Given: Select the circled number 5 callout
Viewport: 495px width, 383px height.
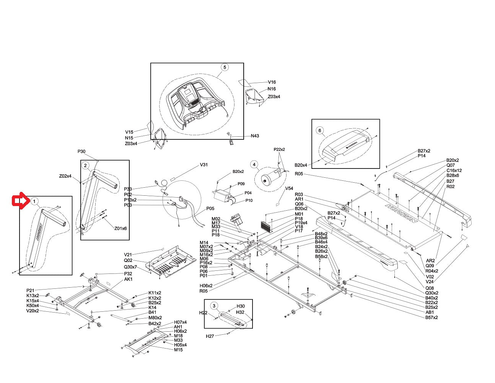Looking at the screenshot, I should tap(225, 67).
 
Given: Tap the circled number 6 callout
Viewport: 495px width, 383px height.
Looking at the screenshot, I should tap(320, 130).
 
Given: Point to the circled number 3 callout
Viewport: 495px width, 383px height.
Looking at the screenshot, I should tap(214, 306).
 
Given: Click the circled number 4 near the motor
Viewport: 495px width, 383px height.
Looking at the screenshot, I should tap(254, 165).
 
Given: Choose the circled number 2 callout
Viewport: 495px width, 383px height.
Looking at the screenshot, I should tap(86, 165).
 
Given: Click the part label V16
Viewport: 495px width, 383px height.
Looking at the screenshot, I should tap(272, 82).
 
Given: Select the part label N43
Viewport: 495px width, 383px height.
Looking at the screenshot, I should tap(255, 136).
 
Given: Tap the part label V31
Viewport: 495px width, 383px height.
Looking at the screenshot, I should tap(204, 165).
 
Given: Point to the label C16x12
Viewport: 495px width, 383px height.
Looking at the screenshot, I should tap(454, 170).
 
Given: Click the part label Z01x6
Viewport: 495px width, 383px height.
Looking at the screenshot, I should tap(120, 229).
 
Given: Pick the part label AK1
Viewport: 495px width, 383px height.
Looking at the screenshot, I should tap(128, 280).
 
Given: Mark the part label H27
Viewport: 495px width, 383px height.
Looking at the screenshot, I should tap(210, 336).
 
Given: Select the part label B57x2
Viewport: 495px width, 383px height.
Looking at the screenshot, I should tap(431, 317).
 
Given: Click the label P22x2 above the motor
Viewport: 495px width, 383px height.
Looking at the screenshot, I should tap(279, 149).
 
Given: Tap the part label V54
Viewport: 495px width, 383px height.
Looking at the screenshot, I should tap(289, 189).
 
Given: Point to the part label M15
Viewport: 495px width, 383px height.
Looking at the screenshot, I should tap(178, 350).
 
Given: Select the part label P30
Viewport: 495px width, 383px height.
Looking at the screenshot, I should tap(81, 152).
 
